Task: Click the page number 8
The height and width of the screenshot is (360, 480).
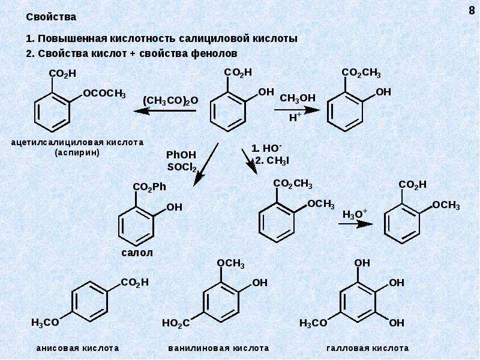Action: tap(472, 11)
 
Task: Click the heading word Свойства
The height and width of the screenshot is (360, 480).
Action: tap(51, 17)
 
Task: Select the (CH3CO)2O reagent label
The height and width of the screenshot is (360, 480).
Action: tap(170, 100)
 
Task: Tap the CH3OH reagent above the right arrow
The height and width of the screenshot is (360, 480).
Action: tap(297, 98)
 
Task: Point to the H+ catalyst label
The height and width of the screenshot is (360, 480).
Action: tap(295, 117)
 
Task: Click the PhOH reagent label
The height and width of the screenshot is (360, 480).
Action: tap(181, 155)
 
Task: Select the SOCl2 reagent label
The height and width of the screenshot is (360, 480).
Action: tap(182, 168)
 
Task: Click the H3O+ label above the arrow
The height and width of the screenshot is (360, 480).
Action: tap(355, 214)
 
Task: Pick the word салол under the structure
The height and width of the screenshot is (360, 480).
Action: tap(137, 253)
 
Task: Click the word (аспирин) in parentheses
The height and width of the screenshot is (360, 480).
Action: tap(77, 153)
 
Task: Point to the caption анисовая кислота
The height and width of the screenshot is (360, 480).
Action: tap(77, 348)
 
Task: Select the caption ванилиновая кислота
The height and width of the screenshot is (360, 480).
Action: tap(218, 348)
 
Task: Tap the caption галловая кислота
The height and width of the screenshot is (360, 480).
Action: tap(368, 348)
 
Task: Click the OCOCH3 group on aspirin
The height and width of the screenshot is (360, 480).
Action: tap(104, 94)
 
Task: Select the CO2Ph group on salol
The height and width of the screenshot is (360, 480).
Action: tap(149, 187)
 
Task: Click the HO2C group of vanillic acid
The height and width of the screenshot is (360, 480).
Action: tap(176, 323)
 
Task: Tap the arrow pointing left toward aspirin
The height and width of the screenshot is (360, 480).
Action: tap(164, 110)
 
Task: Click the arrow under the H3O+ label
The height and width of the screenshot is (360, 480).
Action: tap(356, 224)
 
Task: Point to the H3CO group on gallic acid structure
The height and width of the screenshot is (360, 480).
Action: tap(313, 323)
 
